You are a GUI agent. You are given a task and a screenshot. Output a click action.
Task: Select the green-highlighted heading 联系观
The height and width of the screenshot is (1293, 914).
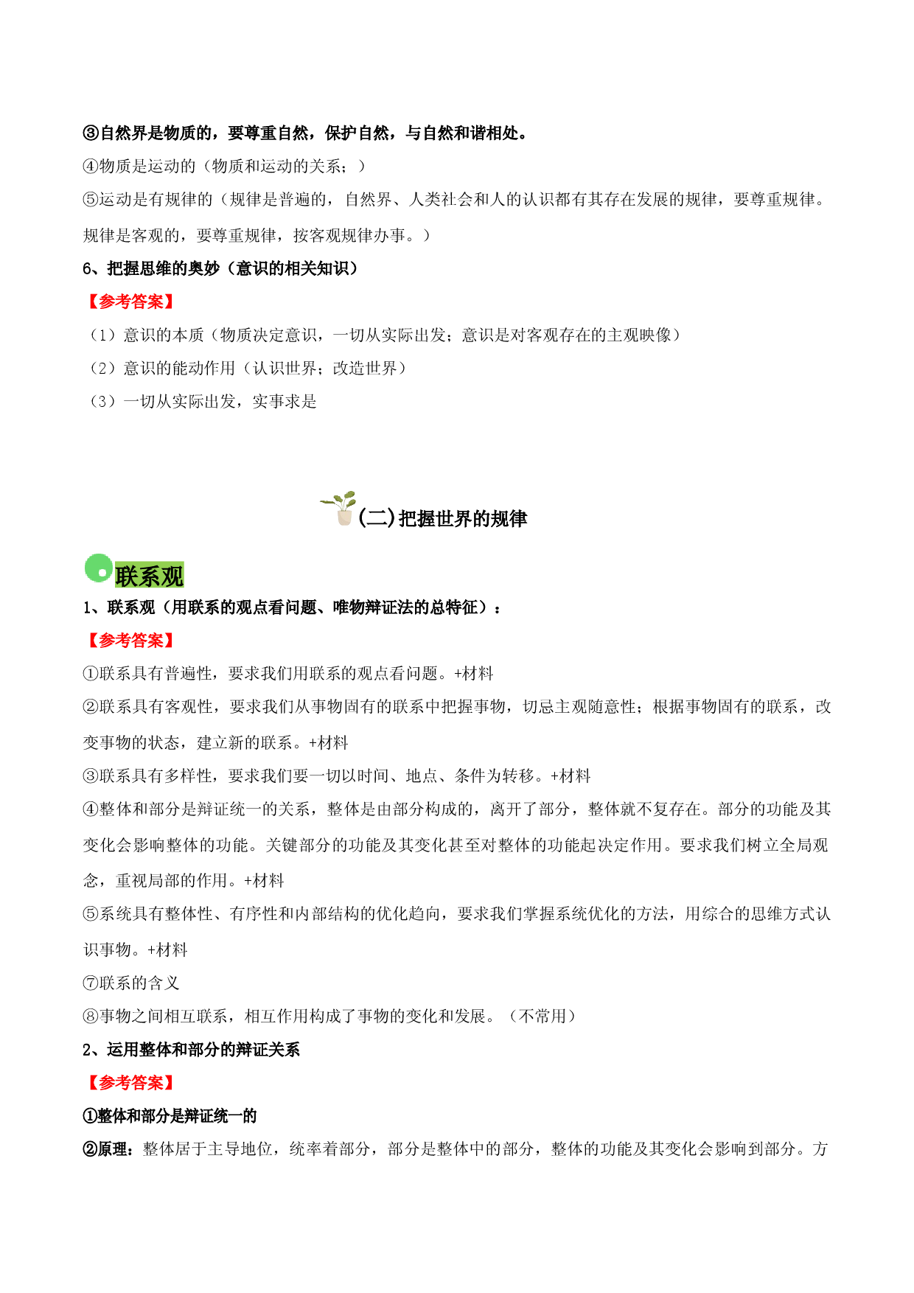[149, 576]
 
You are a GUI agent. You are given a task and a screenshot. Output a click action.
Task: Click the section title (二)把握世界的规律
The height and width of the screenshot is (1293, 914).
[442, 519]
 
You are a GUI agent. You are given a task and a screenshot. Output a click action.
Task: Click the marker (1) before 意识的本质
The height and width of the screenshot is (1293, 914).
[102, 335]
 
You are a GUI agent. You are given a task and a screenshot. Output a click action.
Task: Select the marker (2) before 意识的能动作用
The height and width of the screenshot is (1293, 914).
[102, 369]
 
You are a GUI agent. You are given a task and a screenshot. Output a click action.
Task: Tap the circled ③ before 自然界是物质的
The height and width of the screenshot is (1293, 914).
[91, 133]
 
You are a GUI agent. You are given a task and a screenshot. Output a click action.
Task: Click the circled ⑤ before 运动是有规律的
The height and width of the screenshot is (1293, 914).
[91, 200]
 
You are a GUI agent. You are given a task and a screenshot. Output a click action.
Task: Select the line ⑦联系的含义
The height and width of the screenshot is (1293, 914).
[131, 983]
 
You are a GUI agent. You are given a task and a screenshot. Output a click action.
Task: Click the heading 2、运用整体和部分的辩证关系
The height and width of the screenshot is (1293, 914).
[192, 1050]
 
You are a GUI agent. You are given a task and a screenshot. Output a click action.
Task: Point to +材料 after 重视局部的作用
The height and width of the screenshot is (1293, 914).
[264, 881]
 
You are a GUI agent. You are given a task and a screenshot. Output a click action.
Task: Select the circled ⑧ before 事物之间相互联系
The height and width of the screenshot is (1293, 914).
[91, 1017]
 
